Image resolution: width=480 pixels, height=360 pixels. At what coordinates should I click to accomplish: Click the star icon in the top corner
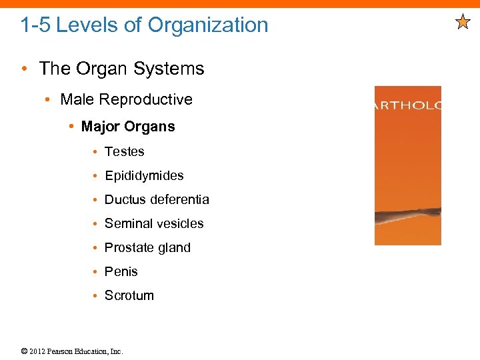(463, 23)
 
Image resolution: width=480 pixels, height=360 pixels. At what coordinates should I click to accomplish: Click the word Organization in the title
(208, 25)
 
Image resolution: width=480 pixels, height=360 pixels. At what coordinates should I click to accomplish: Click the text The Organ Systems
(121, 69)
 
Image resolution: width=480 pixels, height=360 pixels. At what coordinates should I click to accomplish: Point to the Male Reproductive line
(126, 99)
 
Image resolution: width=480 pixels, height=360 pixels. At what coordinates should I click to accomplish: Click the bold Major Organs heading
(128, 127)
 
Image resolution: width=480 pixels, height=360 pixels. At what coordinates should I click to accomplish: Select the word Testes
(124, 151)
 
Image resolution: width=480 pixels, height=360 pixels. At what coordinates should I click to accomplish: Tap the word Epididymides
(144, 176)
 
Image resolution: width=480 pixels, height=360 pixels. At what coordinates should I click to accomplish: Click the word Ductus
(125, 199)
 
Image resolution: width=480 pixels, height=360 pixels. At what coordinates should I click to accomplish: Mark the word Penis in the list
(121, 271)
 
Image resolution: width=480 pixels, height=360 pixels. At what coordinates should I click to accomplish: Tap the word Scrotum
(129, 295)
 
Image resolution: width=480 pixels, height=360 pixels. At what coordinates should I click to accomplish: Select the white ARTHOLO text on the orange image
(407, 105)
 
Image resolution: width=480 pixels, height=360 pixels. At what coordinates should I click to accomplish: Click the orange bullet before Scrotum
(97, 296)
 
